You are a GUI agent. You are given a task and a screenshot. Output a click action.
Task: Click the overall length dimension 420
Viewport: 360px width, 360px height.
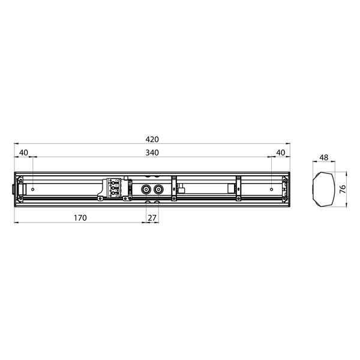tap(152, 139)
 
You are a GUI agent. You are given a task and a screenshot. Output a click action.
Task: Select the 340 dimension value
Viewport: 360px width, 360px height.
tap(152, 152)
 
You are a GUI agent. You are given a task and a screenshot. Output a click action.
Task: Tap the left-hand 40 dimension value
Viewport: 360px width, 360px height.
tap(23, 152)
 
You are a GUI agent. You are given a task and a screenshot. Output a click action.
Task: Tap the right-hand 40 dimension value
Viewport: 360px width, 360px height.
tap(280, 152)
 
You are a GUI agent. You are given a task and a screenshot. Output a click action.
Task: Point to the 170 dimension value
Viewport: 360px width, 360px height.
tap(80, 217)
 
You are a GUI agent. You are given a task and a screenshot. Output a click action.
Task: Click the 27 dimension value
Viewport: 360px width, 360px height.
tap(153, 217)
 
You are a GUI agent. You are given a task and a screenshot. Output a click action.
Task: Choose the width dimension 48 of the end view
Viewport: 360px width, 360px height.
tap(323, 158)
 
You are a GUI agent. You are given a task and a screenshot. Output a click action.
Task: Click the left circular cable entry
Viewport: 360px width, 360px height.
tap(146, 188)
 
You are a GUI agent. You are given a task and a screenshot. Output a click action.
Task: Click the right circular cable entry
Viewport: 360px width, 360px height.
tap(159, 188)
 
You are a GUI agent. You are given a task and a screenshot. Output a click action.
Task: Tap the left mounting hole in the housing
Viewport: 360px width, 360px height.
tap(32, 189)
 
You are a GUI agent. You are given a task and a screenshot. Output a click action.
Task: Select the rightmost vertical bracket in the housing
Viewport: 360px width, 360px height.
tap(238, 188)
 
